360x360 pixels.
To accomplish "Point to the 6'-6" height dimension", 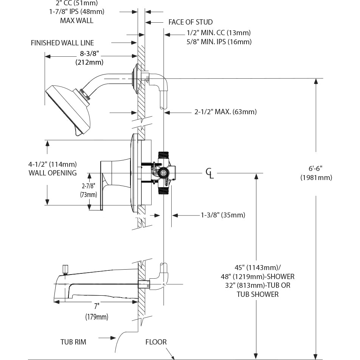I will point(316,169).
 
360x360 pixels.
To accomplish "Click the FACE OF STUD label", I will point(191,22).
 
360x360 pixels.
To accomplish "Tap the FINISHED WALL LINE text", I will point(62,43).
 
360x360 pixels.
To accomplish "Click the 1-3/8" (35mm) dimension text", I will point(223,215).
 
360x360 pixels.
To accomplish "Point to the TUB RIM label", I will point(73,342).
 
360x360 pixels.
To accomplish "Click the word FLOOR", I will point(156,342).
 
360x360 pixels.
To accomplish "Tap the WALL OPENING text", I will point(53,173).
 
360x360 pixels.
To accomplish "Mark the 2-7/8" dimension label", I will point(88,186).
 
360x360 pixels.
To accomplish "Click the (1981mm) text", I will point(316,177).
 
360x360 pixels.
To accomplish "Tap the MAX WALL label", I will point(76,20).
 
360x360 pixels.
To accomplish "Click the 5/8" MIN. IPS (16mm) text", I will point(219,42).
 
